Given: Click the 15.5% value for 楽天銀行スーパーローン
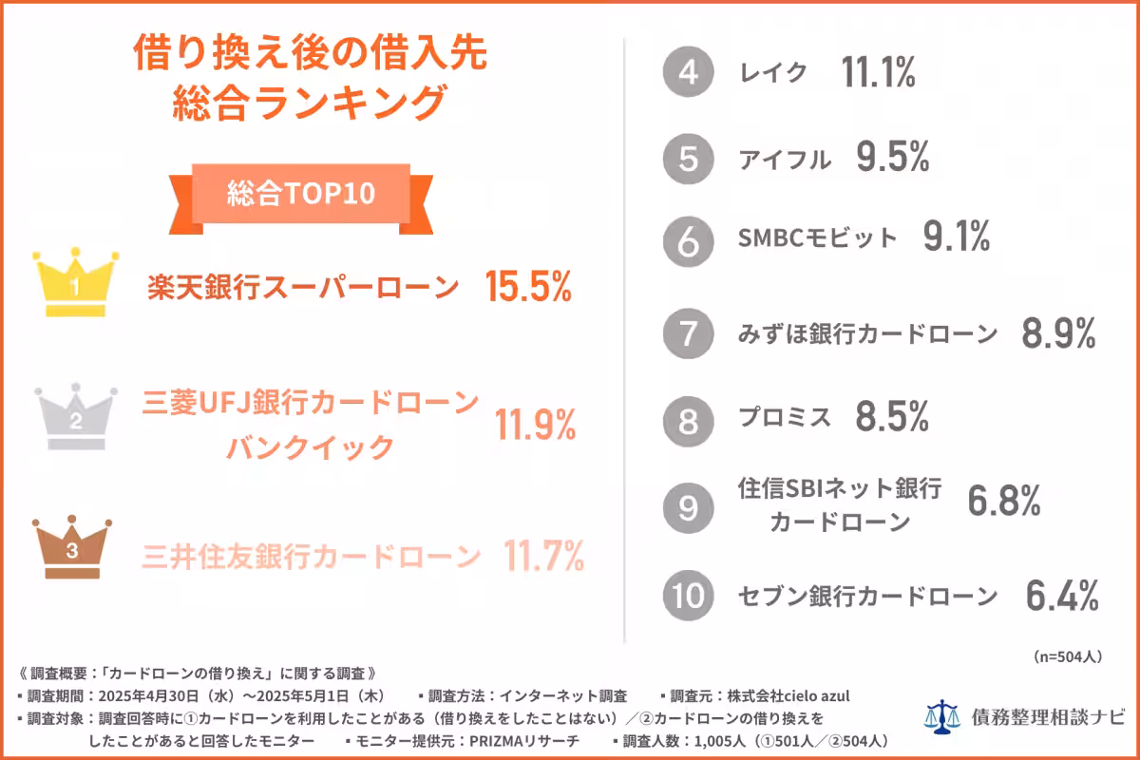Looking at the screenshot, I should point(527,287).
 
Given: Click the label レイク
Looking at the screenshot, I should point(773,73).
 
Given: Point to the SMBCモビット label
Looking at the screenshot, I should point(817,237).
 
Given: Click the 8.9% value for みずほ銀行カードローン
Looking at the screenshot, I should point(1059,334).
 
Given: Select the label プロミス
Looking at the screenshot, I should point(785,417).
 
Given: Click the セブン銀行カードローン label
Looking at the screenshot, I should point(867,597).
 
